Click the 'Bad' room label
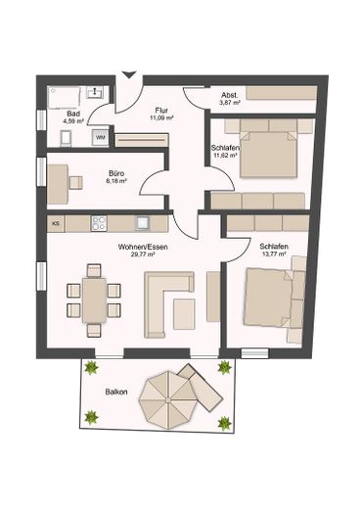[x=72, y=115]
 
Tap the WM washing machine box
[x=101, y=138]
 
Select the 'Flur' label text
[x=160, y=109]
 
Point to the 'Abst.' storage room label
[x=227, y=93]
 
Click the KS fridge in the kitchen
[x=55, y=223]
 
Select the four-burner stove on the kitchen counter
[x=99, y=223]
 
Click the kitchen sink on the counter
[x=142, y=223]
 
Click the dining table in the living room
[x=94, y=300]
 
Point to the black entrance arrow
[x=128, y=74]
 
